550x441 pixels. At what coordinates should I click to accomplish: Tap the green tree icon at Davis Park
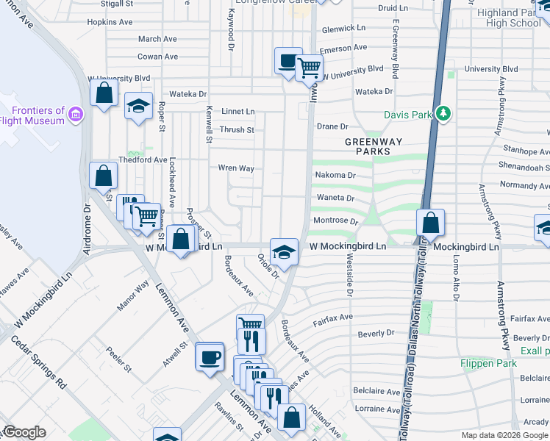[x=443, y=114]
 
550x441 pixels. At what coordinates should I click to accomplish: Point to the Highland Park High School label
[x=513, y=18]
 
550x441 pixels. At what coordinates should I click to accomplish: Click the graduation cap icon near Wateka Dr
[x=137, y=107]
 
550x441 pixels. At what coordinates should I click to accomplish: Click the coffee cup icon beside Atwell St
[x=210, y=356]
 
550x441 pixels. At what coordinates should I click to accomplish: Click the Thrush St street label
[x=237, y=130]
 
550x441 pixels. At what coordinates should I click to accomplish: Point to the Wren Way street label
[x=236, y=168]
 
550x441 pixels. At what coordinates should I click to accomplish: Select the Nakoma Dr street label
[x=335, y=176]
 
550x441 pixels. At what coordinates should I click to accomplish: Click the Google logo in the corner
[x=24, y=432]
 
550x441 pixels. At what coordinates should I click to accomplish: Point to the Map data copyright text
[x=504, y=435]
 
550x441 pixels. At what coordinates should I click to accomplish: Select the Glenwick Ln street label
[x=343, y=28]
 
